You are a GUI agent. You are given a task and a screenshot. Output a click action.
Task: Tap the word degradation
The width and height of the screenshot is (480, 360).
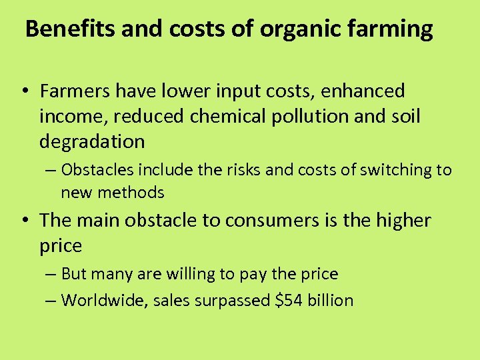click(x=92, y=141)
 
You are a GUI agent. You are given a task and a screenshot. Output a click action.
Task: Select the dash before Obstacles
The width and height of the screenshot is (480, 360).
click(x=51, y=171)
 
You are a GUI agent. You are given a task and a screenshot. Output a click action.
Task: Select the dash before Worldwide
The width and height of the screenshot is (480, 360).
click(x=51, y=301)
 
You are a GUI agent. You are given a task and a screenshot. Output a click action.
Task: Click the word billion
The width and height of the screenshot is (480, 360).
click(x=329, y=300)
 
